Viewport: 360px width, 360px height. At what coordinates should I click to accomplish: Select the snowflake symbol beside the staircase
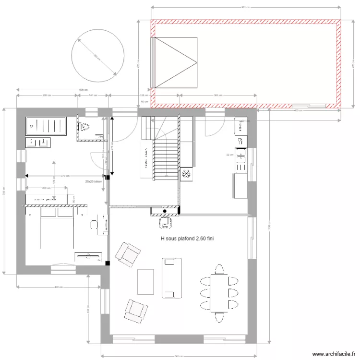(186, 174)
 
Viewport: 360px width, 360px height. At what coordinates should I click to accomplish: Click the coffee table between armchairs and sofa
(145, 281)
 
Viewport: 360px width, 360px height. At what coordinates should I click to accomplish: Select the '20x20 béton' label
(94, 182)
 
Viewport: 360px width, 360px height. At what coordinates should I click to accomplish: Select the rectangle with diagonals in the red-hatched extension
(176, 62)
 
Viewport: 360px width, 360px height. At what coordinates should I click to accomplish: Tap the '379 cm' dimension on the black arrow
(65, 176)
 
